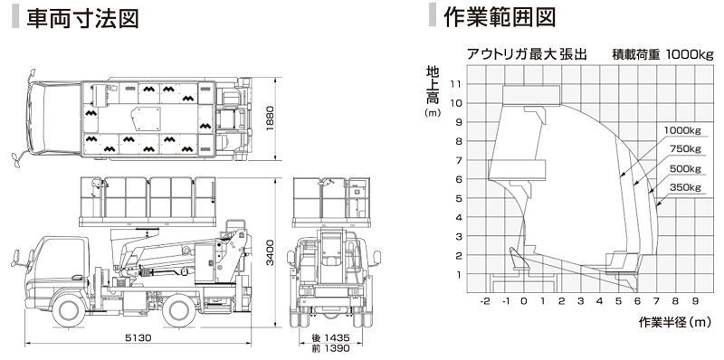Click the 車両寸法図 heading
82,19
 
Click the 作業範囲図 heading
500,17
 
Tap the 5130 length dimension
138,338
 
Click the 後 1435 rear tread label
330,338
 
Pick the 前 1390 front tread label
330,348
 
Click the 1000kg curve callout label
682,130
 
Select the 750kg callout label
685,149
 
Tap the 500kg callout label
685,168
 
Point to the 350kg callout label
685,187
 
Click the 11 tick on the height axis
458,83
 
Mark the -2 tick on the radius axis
485,301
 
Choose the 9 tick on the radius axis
695,301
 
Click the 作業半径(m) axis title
675,322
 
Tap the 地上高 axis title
433,85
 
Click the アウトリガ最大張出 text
527,54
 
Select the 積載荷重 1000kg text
662,54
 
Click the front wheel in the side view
70,311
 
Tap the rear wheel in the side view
179,311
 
